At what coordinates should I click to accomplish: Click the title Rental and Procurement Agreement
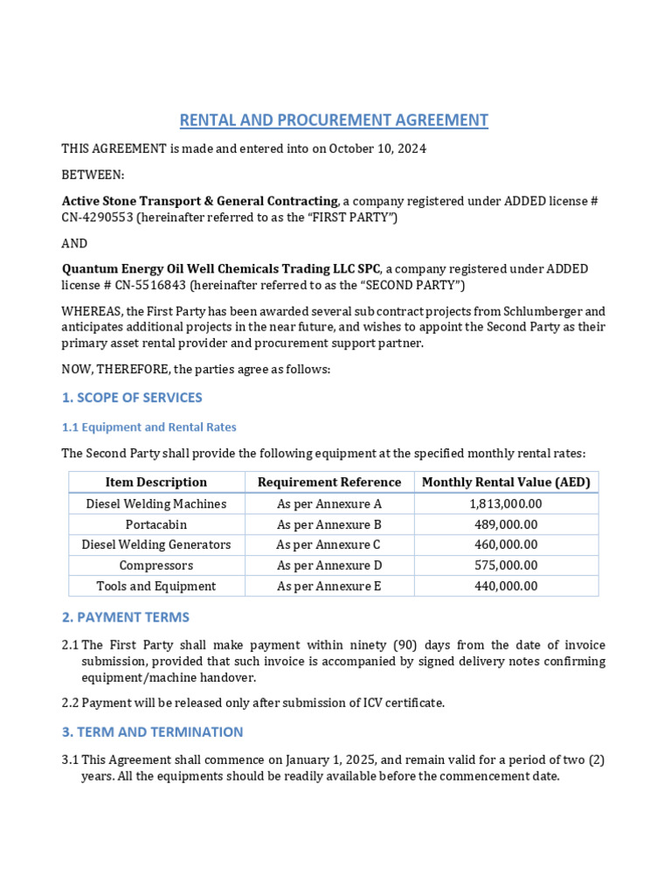(x=334, y=120)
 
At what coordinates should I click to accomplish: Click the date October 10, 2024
(x=377, y=149)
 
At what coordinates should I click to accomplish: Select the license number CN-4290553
(x=97, y=217)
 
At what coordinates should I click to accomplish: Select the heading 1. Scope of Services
(x=132, y=398)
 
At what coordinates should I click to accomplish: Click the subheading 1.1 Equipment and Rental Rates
(x=149, y=427)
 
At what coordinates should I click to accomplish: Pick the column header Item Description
(x=156, y=482)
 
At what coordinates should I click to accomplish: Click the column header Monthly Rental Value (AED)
(x=506, y=482)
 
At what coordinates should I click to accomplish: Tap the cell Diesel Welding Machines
(x=156, y=504)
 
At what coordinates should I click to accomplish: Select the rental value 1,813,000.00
(x=506, y=504)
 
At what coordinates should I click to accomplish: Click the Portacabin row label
(x=156, y=524)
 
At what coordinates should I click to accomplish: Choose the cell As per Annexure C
(x=329, y=545)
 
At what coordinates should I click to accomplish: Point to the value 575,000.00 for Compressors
(x=506, y=565)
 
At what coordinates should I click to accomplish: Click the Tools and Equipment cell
(x=156, y=586)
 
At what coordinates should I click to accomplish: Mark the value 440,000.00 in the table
(x=506, y=586)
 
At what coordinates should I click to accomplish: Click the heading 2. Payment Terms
(x=125, y=617)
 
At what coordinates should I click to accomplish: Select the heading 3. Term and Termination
(x=152, y=732)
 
